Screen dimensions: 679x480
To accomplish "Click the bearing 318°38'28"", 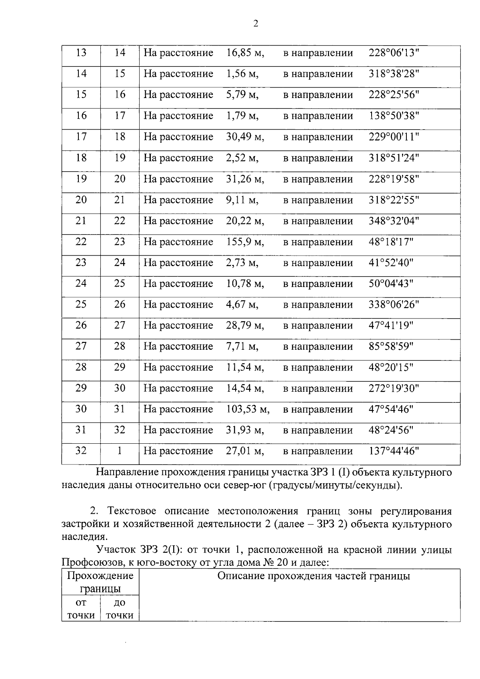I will pyautogui.click(x=393, y=74).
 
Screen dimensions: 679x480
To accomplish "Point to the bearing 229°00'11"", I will pyautogui.click(x=393, y=137).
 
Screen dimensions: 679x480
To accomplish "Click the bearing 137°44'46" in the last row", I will pyautogui.click(x=393, y=451).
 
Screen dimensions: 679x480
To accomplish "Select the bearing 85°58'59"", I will pyautogui.click(x=390, y=347).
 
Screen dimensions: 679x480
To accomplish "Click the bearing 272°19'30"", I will pyautogui.click(x=393, y=389).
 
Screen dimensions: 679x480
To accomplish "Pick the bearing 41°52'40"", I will pyautogui.click(x=390, y=263).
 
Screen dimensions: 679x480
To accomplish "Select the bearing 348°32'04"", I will pyautogui.click(x=393, y=221).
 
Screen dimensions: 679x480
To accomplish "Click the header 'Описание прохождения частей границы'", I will pyautogui.click(x=313, y=576).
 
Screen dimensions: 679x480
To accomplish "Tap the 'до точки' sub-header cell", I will pyautogui.click(x=119, y=609).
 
